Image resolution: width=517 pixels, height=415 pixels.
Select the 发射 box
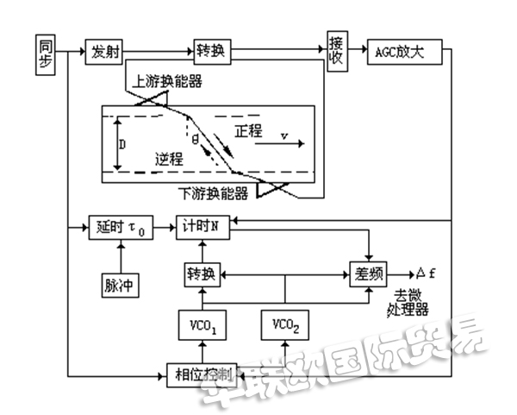tap(102, 52)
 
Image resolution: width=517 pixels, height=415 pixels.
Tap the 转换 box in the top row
tap(211, 52)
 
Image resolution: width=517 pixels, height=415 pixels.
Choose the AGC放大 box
tap(403, 52)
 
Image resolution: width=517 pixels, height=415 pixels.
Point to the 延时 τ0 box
tap(121, 228)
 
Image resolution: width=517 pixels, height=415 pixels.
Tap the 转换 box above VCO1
tap(203, 274)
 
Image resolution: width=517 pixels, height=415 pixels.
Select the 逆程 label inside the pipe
tap(171, 159)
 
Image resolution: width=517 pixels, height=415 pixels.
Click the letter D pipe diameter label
tap(123, 145)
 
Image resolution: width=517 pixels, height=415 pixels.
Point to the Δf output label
tap(428, 273)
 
